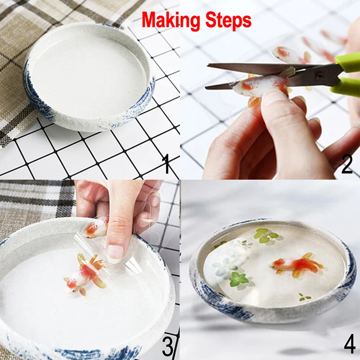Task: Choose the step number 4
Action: click(x=350, y=343)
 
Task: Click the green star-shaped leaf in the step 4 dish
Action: click(x=239, y=279)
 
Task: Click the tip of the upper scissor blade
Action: click(x=208, y=65)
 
